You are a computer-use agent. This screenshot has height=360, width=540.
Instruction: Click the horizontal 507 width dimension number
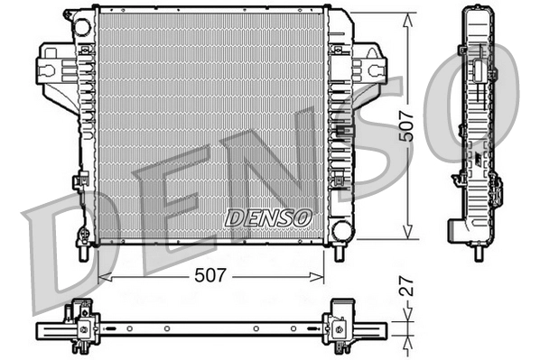tap(209, 275)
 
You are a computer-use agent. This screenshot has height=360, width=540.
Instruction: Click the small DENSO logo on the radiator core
tap(267, 217)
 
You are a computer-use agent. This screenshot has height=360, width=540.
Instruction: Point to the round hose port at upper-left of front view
tap(82, 27)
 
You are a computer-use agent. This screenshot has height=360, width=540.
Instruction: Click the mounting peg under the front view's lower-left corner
tap(83, 254)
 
